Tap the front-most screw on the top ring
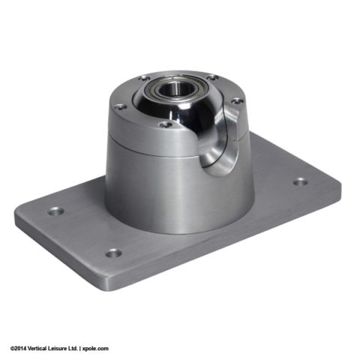click(x=163, y=124)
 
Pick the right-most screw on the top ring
click(x=236, y=100)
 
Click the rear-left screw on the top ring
click(x=143, y=78)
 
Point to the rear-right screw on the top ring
click(x=212, y=76)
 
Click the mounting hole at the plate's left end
click(x=55, y=211)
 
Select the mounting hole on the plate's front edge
click(x=113, y=253)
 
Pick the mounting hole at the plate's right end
click(x=300, y=181)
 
